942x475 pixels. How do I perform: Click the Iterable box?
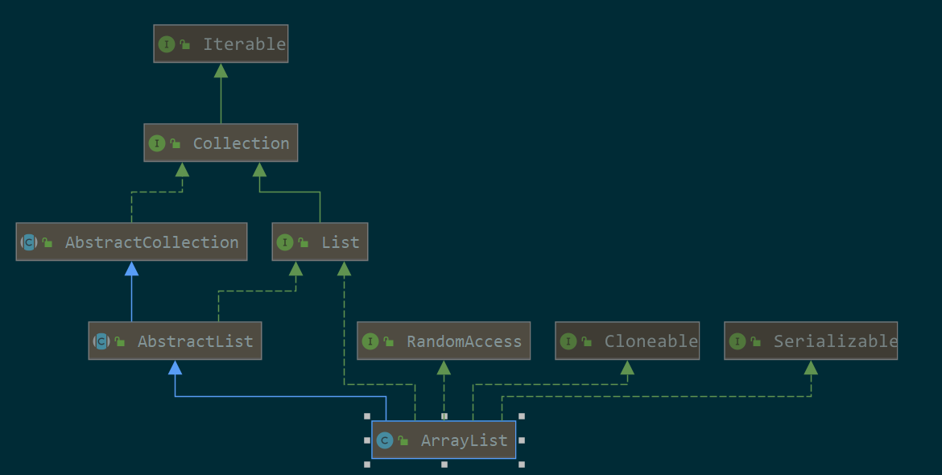coord(221,44)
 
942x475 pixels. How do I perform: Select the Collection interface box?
coord(221,143)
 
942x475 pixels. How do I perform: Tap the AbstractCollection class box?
coord(131,242)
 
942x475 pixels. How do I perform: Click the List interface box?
coord(320,242)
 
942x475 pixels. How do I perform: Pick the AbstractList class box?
coord(175,341)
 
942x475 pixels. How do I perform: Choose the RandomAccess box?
coord(444,341)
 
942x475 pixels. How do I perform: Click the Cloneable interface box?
coord(627,341)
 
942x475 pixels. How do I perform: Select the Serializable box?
coord(811,341)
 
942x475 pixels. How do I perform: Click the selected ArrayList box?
coord(444,440)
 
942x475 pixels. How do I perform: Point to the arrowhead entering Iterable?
coord(221,71)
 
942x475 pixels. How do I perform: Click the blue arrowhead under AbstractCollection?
coord(131,269)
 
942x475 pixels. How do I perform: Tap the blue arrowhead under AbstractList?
coord(175,368)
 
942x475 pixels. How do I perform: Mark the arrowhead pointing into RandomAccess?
coord(444,368)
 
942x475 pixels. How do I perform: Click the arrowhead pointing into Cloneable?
coord(627,368)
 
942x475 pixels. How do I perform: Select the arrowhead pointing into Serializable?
coord(811,368)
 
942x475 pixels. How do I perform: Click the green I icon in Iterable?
coord(167,44)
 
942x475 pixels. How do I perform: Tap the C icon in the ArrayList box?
coord(385,440)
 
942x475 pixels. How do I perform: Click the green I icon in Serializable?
coord(737,341)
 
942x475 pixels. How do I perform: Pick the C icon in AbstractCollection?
coord(29,242)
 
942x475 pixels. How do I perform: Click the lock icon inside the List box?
coord(304,242)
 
